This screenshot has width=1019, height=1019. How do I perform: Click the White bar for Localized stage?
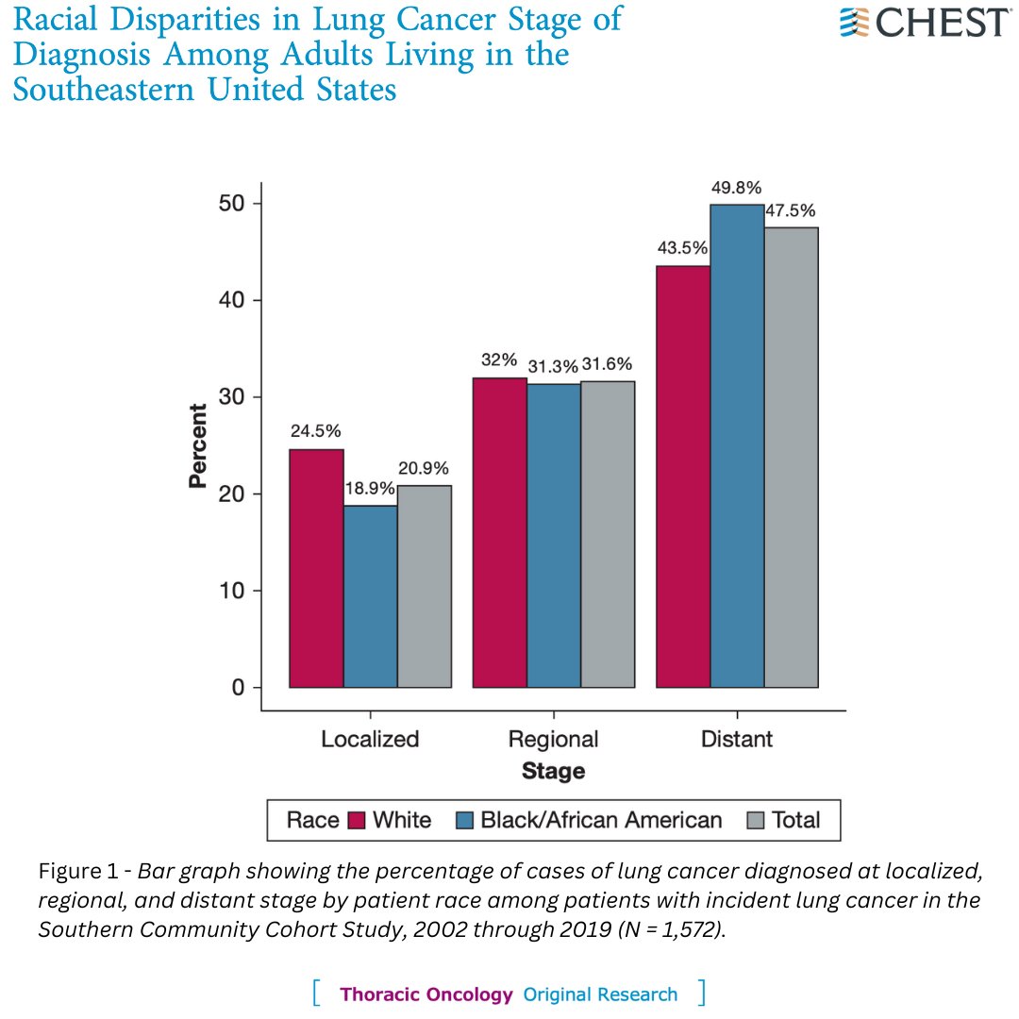[x=316, y=568]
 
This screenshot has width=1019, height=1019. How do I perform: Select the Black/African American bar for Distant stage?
[x=737, y=445]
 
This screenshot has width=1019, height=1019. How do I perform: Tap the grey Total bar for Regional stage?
[x=608, y=534]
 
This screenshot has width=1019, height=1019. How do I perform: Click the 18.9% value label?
[x=371, y=490]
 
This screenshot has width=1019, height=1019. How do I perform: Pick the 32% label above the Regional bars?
[x=498, y=359]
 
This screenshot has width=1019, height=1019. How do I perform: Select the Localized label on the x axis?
[x=370, y=738]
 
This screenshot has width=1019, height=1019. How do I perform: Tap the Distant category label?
[x=737, y=738]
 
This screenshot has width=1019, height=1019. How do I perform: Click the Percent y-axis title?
[x=197, y=445]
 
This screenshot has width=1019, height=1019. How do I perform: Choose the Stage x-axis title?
[x=553, y=771]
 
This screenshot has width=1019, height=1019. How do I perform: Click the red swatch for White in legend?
[x=357, y=820]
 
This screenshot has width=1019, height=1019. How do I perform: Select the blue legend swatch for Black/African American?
[x=464, y=820]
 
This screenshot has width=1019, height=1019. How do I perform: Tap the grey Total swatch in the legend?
[x=755, y=820]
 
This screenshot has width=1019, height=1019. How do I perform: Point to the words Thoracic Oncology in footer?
[x=426, y=994]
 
